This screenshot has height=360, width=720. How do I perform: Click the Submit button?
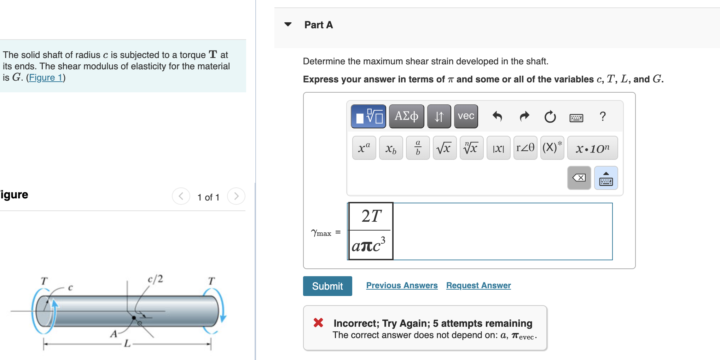(327, 286)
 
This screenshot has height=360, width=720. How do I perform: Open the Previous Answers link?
(402, 285)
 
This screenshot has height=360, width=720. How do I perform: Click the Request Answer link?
(478, 285)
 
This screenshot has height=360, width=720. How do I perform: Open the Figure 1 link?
(46, 77)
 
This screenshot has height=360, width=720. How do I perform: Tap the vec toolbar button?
(466, 116)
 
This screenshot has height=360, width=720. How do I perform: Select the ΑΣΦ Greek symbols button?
(406, 116)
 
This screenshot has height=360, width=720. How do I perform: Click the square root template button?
(444, 148)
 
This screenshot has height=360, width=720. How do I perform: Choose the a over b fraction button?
(418, 148)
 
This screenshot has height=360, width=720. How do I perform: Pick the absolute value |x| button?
(498, 148)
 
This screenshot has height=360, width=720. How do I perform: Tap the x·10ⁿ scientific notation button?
(592, 148)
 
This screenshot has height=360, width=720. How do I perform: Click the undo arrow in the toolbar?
(497, 116)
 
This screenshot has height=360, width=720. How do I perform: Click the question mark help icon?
(603, 116)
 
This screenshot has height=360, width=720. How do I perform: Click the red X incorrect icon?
(318, 323)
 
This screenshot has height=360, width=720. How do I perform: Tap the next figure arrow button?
(236, 196)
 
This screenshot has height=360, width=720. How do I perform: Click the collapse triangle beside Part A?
(288, 24)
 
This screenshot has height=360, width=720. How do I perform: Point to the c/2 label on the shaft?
(155, 279)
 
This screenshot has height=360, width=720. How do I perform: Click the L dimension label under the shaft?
(127, 343)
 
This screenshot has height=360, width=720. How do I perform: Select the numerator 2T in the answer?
(371, 216)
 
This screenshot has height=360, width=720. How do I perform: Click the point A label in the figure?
(114, 333)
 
